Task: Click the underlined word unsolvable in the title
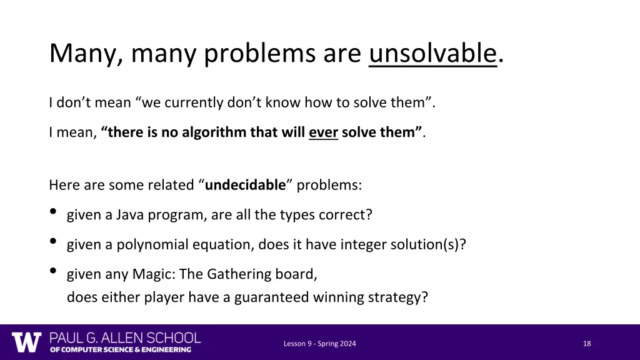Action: point(432,54)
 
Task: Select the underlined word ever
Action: point(323,132)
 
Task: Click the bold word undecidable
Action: point(245,185)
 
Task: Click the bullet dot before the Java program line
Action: point(53,212)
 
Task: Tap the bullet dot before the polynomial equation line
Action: point(53,242)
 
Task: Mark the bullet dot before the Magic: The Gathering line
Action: point(53,271)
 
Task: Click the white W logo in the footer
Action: point(26,342)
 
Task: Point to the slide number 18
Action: point(587,343)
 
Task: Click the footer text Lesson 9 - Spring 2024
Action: point(320,343)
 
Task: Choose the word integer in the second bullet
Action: point(363,244)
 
